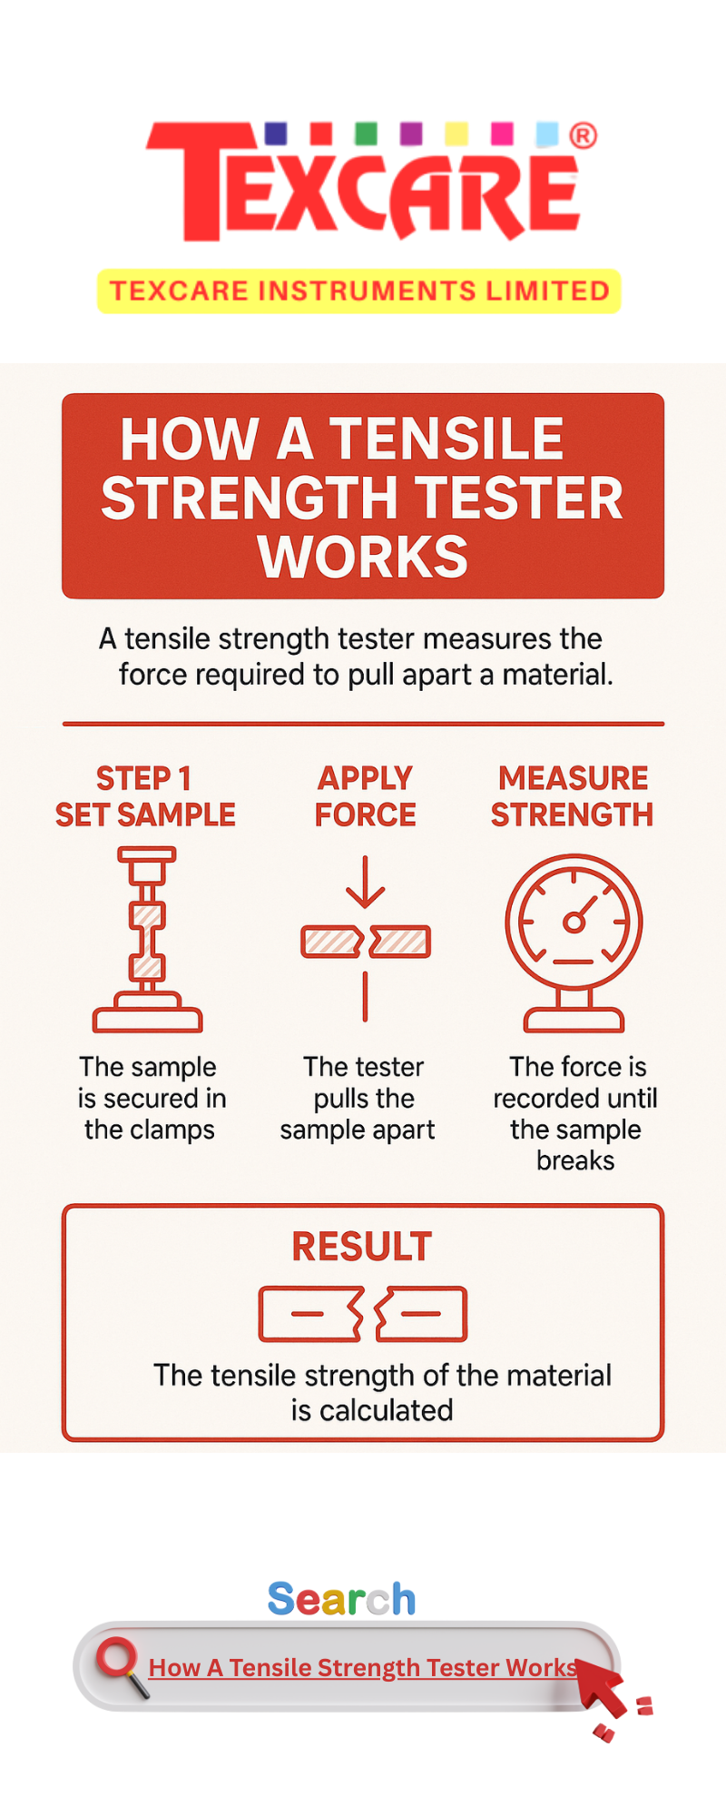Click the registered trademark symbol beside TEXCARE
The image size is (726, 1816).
[583, 136]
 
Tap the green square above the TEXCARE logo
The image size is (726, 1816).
[366, 133]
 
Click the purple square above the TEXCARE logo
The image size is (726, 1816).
[411, 133]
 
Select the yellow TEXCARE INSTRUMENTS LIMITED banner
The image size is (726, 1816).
[359, 291]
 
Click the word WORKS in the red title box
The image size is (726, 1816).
[363, 557]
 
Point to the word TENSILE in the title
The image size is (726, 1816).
[446, 439]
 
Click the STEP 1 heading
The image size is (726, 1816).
[143, 778]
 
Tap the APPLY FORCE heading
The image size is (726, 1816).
[365, 796]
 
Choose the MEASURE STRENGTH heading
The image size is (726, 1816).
[573, 796]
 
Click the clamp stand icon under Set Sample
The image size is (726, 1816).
[147, 939]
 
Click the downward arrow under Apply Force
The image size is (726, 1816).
[365, 882]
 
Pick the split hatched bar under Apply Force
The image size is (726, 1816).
[366, 942]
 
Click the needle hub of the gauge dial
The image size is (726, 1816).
[574, 923]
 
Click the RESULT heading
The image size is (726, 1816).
[362, 1247]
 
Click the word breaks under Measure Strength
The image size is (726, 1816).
[575, 1160]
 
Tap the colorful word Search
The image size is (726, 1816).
[342, 1599]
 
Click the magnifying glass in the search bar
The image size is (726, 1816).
[122, 1666]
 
